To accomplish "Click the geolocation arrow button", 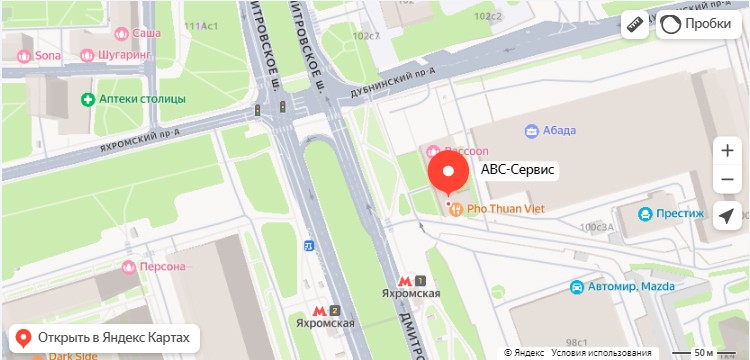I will click(x=727, y=216).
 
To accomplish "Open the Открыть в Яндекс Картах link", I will click(x=100, y=337).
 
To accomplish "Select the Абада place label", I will click(x=559, y=130).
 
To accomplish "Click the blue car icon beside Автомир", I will click(x=576, y=287).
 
